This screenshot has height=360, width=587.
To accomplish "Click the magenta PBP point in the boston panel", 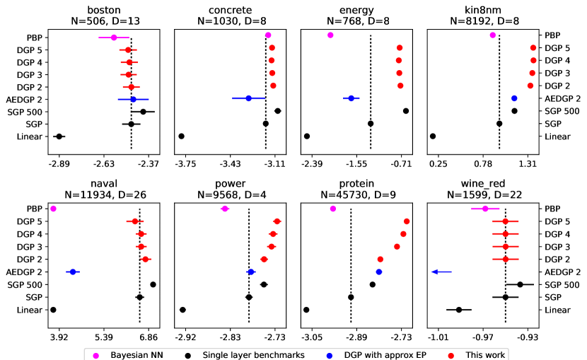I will point(113,37).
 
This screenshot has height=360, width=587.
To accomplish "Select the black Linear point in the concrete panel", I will point(182,136).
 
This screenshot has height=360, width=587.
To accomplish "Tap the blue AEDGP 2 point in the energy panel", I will point(351,98).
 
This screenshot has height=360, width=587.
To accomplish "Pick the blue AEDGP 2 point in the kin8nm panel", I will point(514,98).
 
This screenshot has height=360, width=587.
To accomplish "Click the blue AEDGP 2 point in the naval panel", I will point(71,272).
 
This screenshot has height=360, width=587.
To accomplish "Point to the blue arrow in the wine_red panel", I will point(441,272).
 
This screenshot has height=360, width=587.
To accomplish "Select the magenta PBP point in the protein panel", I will point(333,209).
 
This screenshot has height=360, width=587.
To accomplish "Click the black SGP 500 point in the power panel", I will point(264,284).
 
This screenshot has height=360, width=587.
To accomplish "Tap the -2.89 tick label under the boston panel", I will point(59,163).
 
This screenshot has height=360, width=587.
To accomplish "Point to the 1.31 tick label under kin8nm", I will point(528,163).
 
